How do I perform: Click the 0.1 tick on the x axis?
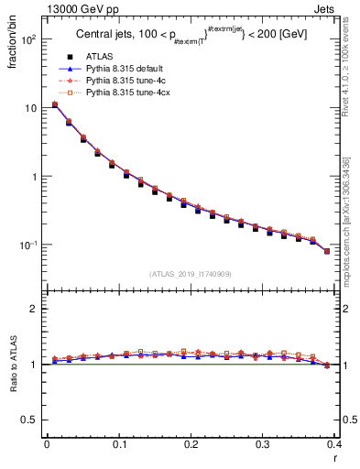click(x=119, y=444)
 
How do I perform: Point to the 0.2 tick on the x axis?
click(x=191, y=444)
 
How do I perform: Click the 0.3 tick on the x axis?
click(x=263, y=444)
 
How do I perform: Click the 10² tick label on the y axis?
click(x=30, y=41)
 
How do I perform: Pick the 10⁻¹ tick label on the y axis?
click(x=29, y=245)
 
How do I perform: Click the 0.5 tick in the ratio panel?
click(x=30, y=420)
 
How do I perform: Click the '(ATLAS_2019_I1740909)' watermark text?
click(x=191, y=273)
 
